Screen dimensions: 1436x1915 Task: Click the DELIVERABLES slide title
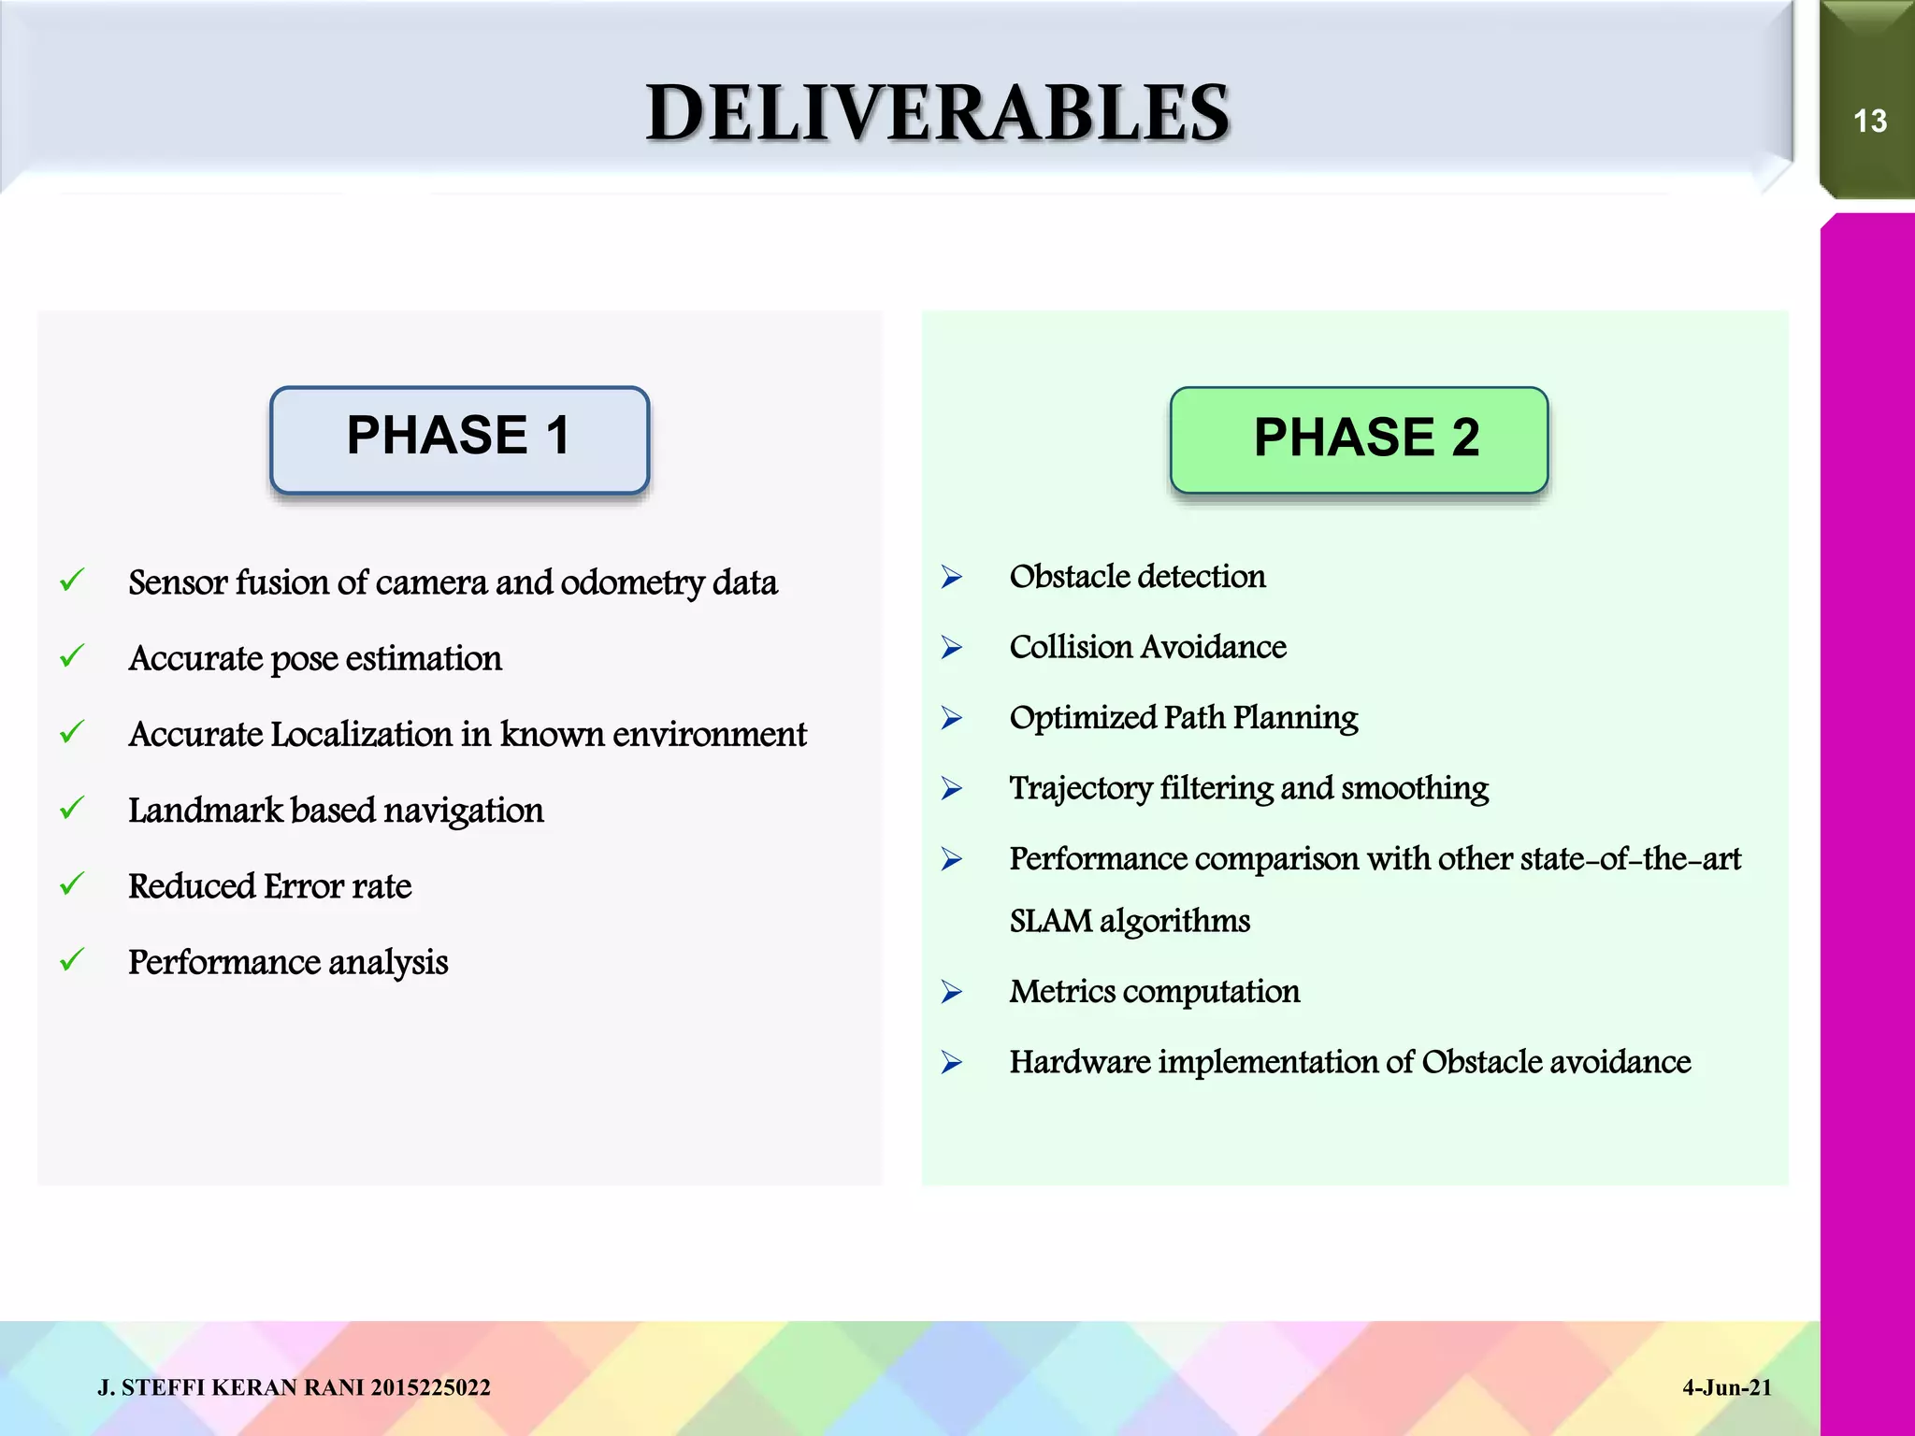tap(937, 113)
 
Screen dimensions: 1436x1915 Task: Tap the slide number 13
tap(1869, 122)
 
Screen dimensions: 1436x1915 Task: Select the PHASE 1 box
tap(459, 439)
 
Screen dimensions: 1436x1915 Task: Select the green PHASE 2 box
tap(1359, 439)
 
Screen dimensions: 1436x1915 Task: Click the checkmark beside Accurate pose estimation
tap(72, 656)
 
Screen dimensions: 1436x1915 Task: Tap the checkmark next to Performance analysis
tap(72, 960)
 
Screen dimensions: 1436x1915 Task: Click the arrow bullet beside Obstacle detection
tap(952, 577)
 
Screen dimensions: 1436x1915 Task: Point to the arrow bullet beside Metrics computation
tap(952, 992)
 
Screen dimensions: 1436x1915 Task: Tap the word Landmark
tap(205, 811)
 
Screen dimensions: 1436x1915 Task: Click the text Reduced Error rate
tap(269, 886)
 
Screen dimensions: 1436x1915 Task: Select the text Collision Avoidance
tap(1147, 647)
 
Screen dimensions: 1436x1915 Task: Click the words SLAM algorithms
tap(1129, 922)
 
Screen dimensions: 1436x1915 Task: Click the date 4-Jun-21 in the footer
tap(1726, 1388)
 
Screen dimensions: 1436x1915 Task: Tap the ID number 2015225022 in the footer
tap(430, 1388)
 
